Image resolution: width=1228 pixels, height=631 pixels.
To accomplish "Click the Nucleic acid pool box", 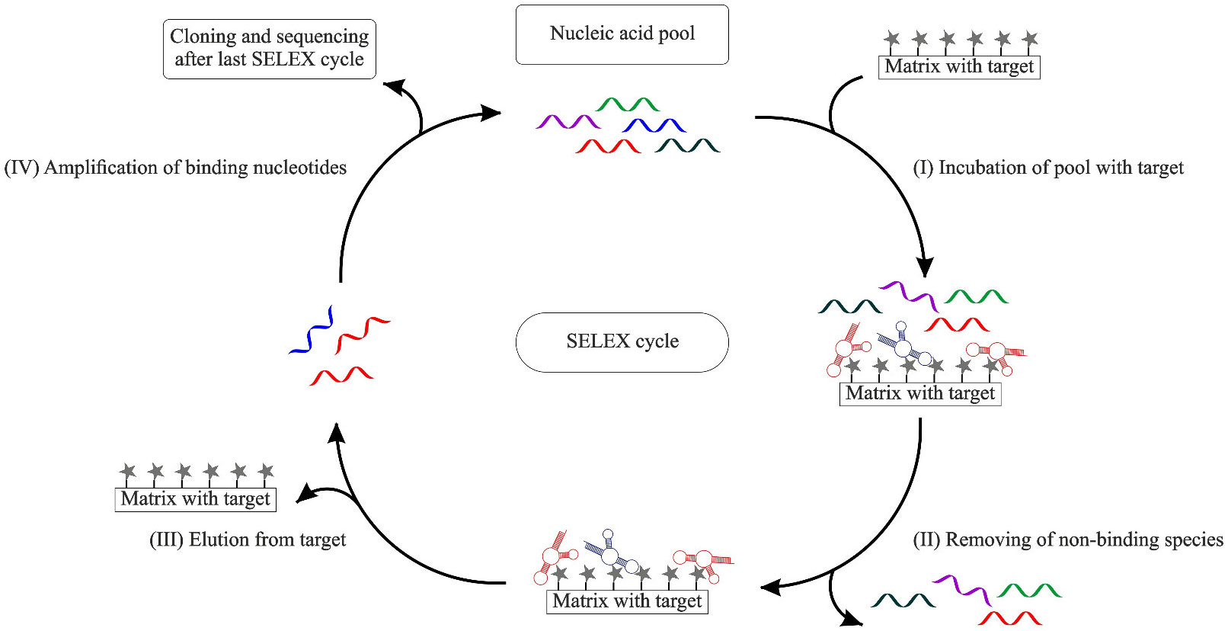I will point(622,34).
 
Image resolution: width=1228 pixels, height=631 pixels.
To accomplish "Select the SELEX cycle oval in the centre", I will point(622,341).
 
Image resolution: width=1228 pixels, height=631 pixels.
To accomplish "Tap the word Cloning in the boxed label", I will point(203,36).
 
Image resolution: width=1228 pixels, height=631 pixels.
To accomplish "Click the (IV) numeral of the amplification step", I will point(21,168).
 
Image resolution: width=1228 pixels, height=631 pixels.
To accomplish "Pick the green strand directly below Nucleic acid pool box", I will point(628,104).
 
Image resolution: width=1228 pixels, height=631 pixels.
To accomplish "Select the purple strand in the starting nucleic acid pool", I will point(568,122).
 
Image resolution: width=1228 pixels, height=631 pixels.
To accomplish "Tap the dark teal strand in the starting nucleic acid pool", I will point(687,145).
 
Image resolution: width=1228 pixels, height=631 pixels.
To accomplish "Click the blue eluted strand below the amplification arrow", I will point(312,331).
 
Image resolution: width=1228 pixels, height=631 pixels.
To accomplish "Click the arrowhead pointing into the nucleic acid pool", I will point(491,114).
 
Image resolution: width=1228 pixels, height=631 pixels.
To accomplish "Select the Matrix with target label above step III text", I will point(195,499).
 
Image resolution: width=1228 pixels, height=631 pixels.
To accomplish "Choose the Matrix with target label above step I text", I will point(959,67).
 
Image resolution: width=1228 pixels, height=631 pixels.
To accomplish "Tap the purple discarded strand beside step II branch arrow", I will point(961,588).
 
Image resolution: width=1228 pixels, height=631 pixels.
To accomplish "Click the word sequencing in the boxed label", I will point(321,36).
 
